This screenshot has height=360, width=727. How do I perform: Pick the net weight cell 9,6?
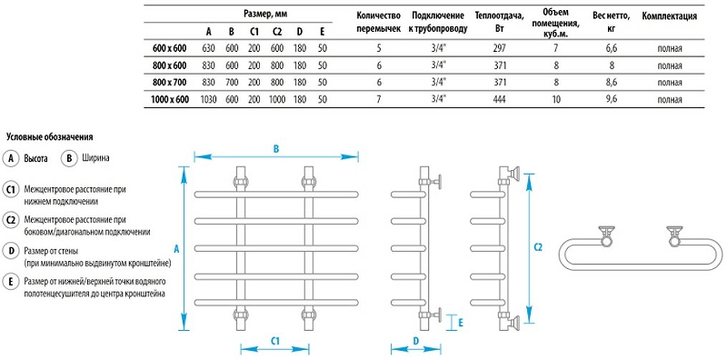612,98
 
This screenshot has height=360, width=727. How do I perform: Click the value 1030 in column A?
207,98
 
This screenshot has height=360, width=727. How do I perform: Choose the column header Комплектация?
670,16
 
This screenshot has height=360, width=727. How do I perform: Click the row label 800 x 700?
170,82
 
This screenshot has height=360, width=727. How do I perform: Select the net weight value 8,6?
612,82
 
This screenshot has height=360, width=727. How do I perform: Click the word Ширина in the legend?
96,158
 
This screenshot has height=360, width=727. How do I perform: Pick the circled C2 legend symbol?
11,219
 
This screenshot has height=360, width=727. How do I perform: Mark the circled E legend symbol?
11,283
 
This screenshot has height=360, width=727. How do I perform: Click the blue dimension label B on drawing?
275,148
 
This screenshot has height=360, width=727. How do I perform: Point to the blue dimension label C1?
276,338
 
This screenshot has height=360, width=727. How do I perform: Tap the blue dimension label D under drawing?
414,341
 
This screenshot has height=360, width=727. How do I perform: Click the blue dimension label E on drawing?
461,321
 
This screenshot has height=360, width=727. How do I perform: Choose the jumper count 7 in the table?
380,98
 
